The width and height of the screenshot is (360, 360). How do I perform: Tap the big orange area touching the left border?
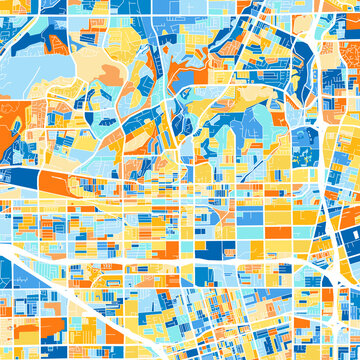tap(10, 125)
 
